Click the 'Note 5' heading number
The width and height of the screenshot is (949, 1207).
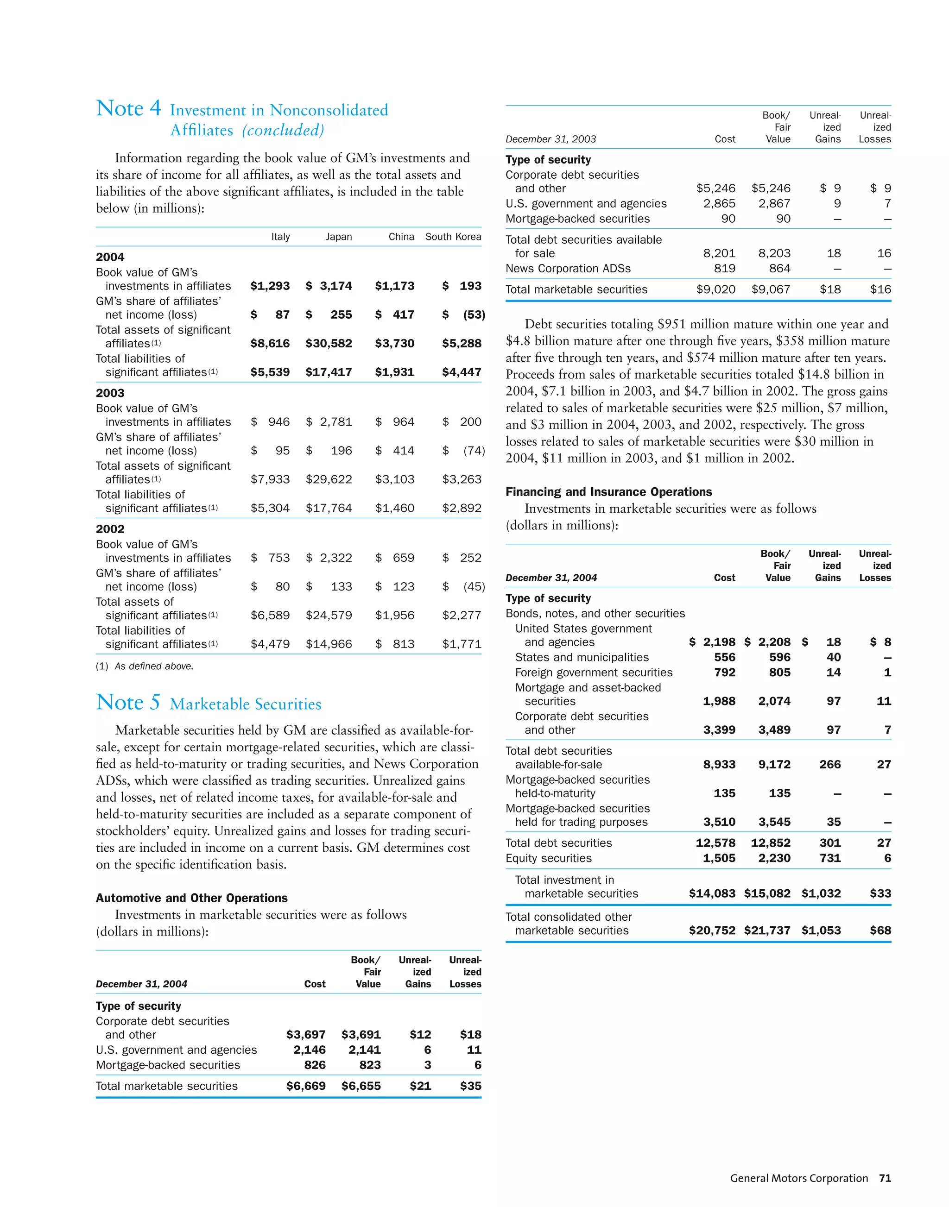(128, 702)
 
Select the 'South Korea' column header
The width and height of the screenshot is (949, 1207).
(453, 237)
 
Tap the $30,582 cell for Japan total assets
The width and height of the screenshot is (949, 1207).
(329, 343)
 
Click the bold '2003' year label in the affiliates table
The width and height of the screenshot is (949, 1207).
(110, 393)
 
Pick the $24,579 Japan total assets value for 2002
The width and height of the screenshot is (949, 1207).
(329, 615)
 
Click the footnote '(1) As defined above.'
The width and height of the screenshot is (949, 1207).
(145, 666)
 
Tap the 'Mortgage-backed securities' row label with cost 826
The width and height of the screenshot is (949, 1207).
(168, 1065)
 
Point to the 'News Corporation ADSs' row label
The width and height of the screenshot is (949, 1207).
(568, 268)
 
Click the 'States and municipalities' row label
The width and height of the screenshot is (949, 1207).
(582, 657)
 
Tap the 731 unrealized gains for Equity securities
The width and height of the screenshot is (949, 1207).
(829, 858)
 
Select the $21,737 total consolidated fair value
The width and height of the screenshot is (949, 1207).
(767, 930)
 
